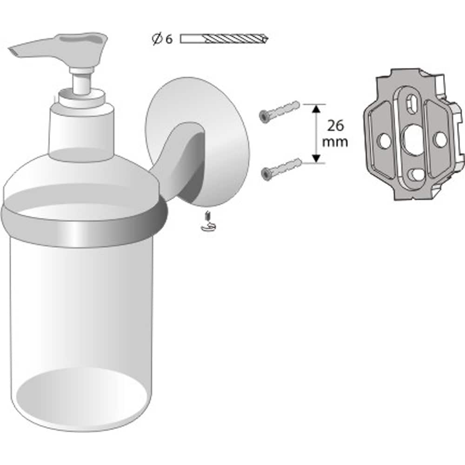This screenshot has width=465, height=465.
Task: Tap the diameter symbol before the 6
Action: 157,40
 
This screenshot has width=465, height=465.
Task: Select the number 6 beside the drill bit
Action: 168,40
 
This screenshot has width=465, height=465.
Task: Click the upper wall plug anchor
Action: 279,112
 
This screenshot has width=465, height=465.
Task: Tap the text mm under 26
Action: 335,142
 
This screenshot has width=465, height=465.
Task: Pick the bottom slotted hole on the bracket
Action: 416,174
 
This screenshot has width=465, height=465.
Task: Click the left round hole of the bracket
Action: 384,140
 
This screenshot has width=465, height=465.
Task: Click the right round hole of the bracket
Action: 439,139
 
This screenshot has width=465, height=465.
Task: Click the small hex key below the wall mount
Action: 208,222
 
